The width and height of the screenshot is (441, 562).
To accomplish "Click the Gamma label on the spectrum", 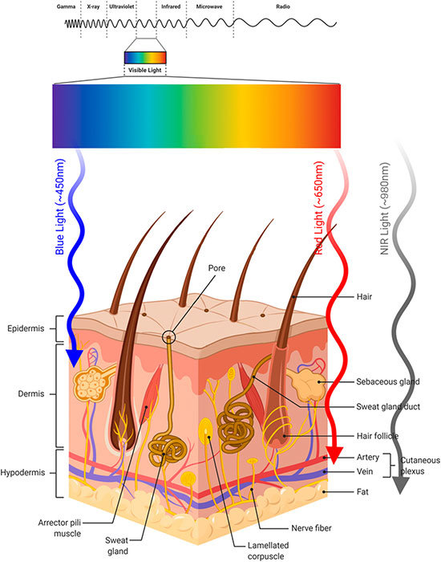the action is click(67, 6).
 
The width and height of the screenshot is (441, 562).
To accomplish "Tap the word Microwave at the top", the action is click(209, 6).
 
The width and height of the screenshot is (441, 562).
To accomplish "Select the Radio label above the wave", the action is click(283, 6).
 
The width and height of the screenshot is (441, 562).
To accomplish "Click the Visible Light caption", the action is click(145, 70).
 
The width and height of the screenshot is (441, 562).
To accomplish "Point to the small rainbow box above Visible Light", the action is click(145, 58).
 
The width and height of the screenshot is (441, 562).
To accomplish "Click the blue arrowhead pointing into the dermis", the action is click(74, 358).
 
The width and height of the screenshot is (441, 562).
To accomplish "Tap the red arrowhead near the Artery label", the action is click(334, 455).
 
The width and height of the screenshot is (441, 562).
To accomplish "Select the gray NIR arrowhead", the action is click(401, 486).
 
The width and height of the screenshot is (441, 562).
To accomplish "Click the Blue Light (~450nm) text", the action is click(60, 207).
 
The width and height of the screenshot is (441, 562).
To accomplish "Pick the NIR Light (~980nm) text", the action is click(384, 209).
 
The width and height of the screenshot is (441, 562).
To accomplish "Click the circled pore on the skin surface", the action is click(168, 337).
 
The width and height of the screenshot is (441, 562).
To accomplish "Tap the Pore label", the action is click(217, 268).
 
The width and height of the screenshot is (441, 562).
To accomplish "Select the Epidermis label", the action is click(26, 328).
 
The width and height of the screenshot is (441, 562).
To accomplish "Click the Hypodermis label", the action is click(23, 472).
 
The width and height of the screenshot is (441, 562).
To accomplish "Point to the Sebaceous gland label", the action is click(387, 381).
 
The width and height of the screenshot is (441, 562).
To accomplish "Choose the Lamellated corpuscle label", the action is click(268, 551).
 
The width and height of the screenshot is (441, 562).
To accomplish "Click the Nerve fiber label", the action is click(311, 528).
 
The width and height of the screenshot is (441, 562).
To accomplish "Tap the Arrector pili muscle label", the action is click(60, 528).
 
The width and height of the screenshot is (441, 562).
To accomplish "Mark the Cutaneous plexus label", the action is click(420, 466).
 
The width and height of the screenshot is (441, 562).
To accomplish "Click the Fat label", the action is click(362, 491).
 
